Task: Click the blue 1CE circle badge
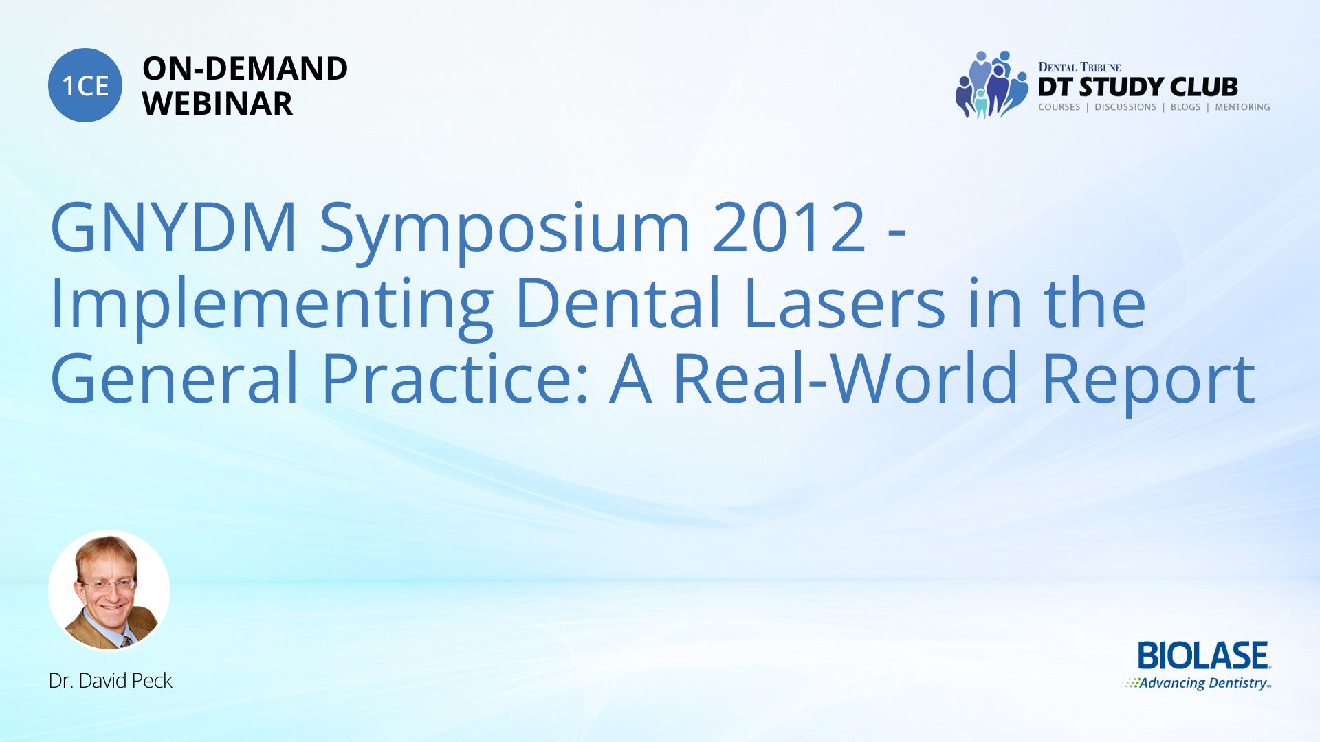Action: click(x=85, y=85)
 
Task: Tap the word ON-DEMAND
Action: click(x=245, y=69)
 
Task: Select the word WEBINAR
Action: click(x=217, y=104)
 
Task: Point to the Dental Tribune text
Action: click(x=1079, y=67)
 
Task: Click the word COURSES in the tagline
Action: click(x=1059, y=107)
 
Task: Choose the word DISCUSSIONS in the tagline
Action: click(x=1125, y=107)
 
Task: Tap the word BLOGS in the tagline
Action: click(x=1185, y=107)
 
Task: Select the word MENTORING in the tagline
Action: click(x=1242, y=107)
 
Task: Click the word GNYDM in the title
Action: click(x=174, y=227)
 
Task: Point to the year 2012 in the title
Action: click(x=789, y=227)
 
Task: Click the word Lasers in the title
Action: click(x=844, y=303)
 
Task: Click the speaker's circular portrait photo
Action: click(x=109, y=590)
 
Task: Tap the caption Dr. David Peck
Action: click(x=111, y=680)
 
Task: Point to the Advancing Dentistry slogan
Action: click(x=1197, y=683)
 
